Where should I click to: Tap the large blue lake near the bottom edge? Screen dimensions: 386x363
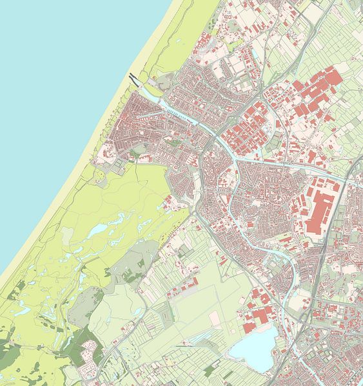pyautogui.click(x=253, y=349)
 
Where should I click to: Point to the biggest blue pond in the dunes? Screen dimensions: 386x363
pyautogui.click(x=97, y=230)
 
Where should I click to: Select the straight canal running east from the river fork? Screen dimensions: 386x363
pyautogui.click(x=290, y=163)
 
